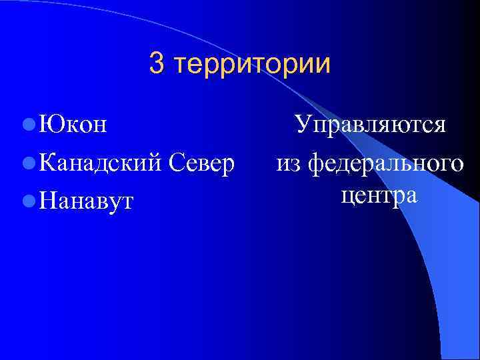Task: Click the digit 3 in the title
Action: (157, 64)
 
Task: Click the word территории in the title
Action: (251, 65)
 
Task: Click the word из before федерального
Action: (289, 163)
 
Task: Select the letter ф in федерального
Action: (315, 164)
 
